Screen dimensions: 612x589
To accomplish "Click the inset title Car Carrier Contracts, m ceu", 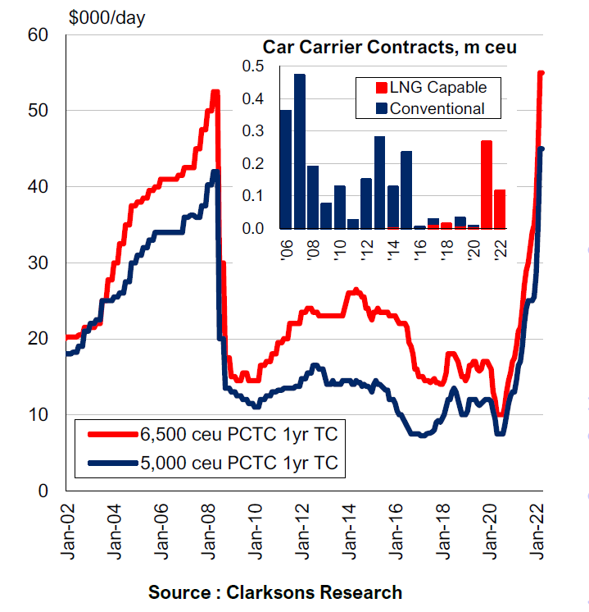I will tap(389, 47).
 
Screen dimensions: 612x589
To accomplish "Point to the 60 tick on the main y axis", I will tap(39, 34).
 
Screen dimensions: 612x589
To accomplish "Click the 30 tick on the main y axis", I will tap(39, 263).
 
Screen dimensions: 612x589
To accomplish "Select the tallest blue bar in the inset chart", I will tap(299, 152).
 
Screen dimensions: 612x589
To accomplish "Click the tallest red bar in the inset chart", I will tap(487, 185).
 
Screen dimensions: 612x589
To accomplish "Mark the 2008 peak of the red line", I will tap(215, 92).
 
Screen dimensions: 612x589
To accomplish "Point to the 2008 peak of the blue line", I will tap(215, 171).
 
